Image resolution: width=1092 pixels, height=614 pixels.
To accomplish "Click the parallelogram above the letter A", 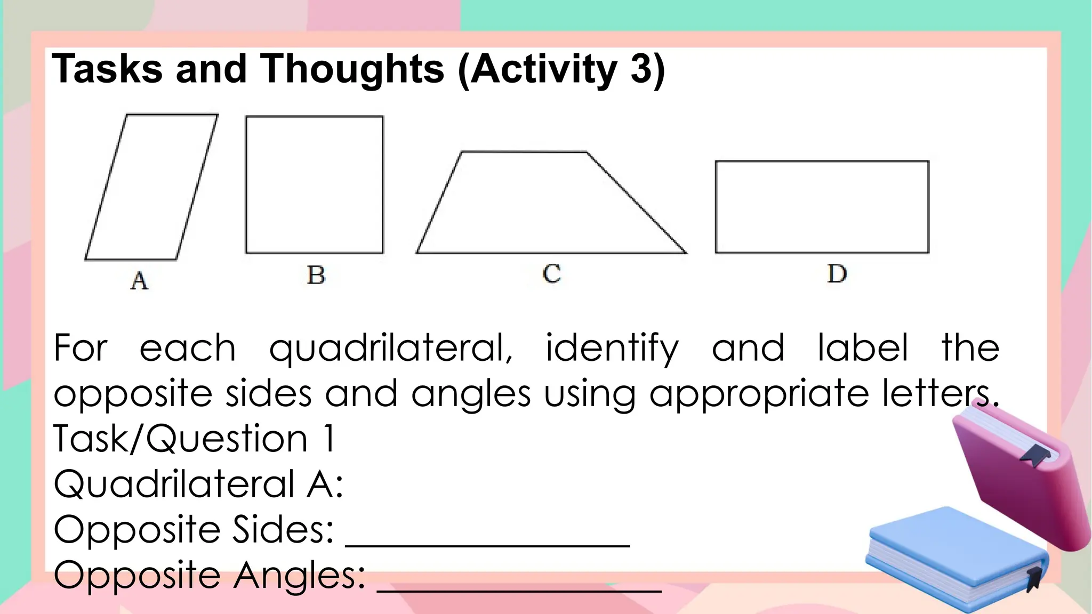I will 151,187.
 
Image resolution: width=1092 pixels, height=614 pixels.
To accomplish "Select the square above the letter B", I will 315,184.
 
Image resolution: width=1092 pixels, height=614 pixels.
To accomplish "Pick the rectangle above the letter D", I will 822,207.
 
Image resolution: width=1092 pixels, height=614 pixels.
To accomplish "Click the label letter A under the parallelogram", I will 139,280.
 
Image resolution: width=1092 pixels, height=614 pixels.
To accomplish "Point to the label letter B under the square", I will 316,275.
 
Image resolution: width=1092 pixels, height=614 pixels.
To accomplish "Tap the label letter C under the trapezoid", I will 552,273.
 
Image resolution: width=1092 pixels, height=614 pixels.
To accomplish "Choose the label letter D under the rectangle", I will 837,273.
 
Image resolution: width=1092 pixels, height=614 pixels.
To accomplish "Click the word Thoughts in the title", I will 352,69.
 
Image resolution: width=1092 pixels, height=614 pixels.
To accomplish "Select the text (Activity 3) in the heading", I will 561,69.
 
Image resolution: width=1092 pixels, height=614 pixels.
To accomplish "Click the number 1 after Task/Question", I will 330,439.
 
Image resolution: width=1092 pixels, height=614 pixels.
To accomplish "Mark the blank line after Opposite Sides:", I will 488,544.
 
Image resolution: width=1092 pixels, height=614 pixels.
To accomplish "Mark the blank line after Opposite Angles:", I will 519,589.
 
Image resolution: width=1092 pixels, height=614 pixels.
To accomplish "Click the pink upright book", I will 1021,480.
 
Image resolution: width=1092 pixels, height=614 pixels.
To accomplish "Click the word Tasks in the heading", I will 107,69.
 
